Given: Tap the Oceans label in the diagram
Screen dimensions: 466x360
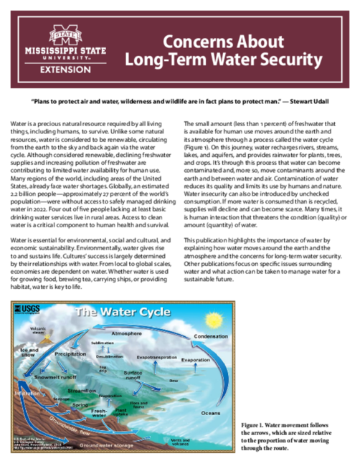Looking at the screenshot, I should tap(210, 413).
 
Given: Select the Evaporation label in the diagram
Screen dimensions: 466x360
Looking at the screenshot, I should tap(195, 359).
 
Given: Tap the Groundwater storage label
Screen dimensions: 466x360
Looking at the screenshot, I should tap(105, 446).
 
